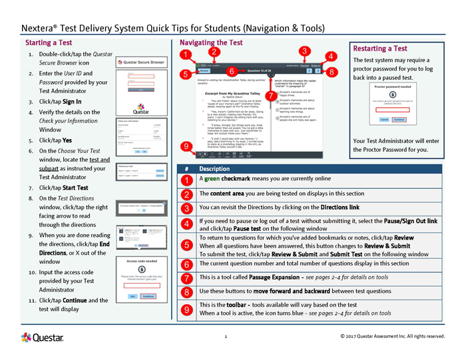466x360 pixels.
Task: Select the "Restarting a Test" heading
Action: [380, 49]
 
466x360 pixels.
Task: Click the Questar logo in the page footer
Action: [43, 337]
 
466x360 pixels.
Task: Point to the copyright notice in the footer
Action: [392, 336]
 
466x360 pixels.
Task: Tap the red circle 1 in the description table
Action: [187, 180]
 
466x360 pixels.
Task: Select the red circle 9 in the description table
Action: [187, 309]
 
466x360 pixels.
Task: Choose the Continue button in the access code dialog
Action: [148, 295]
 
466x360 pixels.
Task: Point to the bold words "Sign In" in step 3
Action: [72, 102]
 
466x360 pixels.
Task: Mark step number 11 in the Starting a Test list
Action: [31, 300]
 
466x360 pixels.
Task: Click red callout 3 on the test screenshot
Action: [304, 51]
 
